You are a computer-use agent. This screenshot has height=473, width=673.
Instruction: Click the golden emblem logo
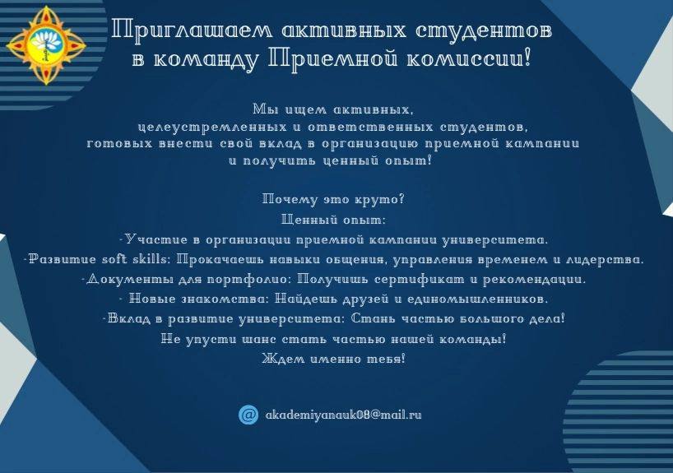46,45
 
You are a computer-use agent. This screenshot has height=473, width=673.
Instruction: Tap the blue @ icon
248,415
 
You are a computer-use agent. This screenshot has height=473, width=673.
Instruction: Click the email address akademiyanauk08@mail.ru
343,415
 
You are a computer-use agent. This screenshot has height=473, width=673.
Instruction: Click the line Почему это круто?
333,200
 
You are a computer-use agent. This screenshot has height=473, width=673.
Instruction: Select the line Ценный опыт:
333,220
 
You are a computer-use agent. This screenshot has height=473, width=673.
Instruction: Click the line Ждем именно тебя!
333,359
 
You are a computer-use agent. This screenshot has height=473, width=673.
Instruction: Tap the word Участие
156,239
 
